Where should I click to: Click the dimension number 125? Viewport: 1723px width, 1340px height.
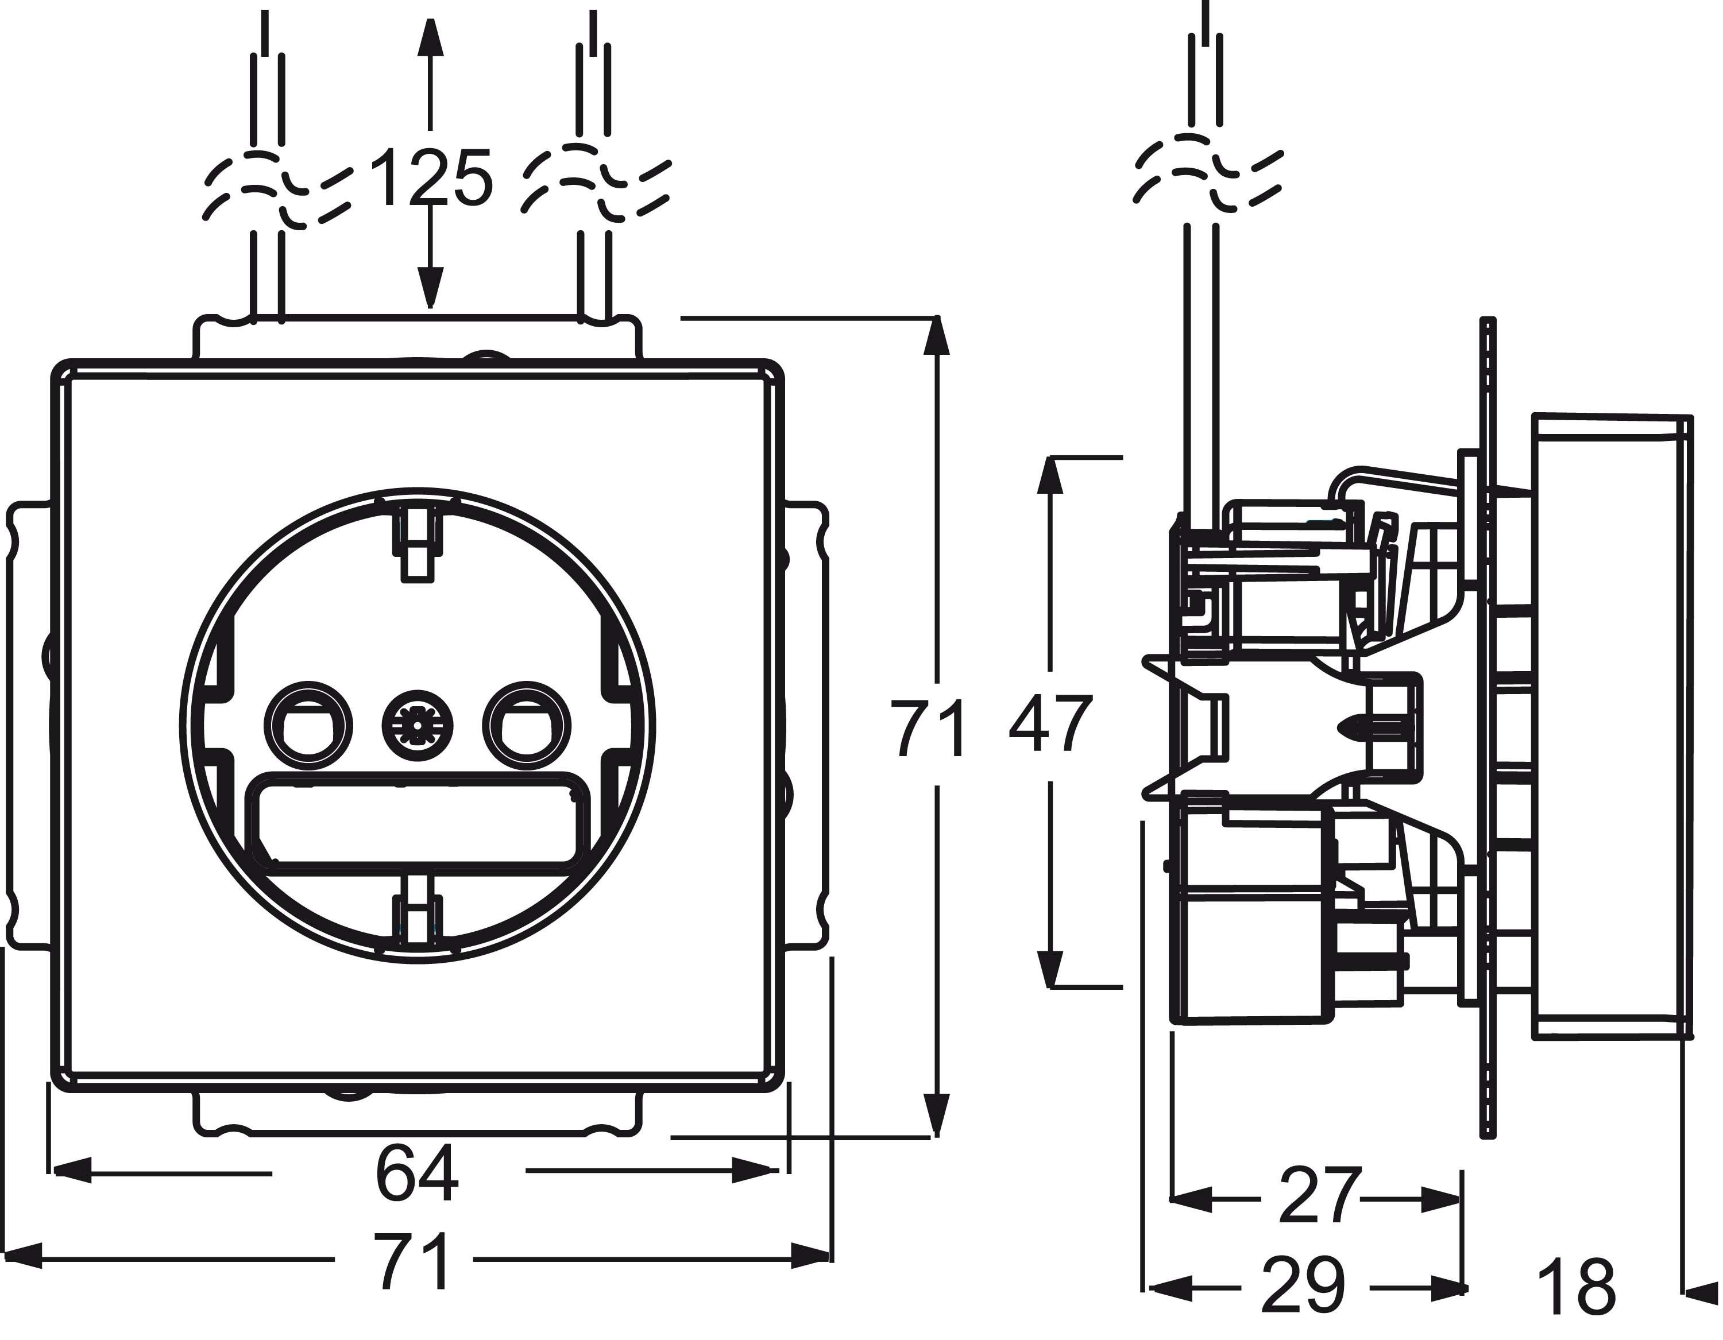pyautogui.click(x=431, y=179)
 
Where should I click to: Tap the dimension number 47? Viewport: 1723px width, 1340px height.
pyautogui.click(x=1050, y=724)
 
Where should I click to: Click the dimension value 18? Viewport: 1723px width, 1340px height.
pyautogui.click(x=1577, y=1288)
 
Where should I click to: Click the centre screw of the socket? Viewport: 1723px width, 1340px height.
pyautogui.click(x=418, y=725)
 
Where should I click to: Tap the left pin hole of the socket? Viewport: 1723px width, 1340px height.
pyautogui.click(x=308, y=725)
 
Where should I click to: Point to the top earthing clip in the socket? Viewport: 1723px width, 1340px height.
pyautogui.click(x=418, y=545)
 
